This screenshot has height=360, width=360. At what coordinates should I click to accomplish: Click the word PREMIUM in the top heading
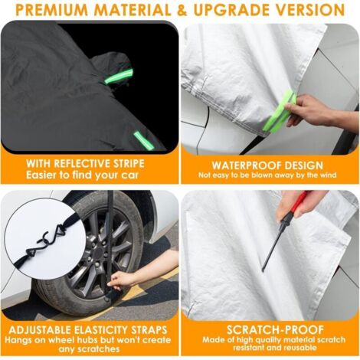click(51, 11)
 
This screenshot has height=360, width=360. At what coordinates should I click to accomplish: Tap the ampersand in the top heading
click(182, 11)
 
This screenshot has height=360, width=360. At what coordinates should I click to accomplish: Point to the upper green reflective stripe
click(119, 76)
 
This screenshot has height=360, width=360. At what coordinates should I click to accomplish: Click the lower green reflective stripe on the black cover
click(144, 141)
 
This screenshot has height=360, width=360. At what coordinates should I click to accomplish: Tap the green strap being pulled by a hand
click(280, 112)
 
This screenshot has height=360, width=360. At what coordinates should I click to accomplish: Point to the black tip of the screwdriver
click(263, 270)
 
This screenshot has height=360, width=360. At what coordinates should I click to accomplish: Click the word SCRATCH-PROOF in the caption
click(275, 330)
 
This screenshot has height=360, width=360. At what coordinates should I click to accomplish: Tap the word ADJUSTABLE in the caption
click(39, 330)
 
